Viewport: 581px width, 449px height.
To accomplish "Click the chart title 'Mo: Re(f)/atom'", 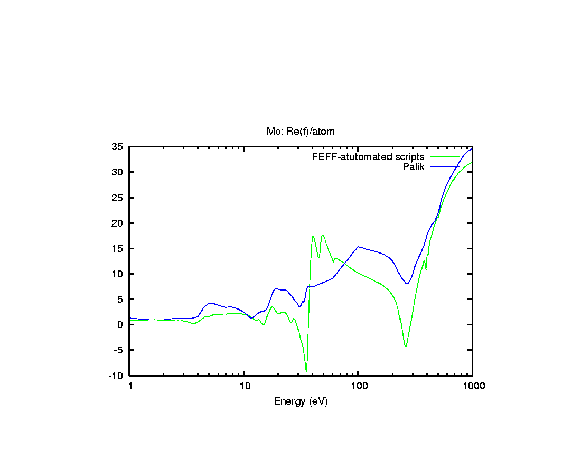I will point(300,131).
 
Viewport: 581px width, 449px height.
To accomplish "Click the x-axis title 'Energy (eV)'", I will point(301,401).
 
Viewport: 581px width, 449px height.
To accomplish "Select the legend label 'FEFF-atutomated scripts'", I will point(368,157).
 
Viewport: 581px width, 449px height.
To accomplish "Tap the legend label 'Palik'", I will point(414,167).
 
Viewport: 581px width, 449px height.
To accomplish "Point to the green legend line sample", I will point(445,157).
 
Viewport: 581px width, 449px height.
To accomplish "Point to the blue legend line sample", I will point(445,167).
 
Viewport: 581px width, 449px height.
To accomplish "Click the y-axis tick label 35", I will point(118,147).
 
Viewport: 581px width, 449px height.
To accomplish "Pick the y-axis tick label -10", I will point(116,376).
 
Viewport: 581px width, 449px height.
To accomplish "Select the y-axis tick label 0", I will point(120,325).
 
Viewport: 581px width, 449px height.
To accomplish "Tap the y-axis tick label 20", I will point(118,223).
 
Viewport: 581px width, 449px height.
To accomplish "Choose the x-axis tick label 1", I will point(130,386).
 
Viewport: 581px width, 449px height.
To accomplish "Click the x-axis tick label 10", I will point(244,386).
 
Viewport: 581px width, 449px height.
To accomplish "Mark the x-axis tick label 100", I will point(358,386).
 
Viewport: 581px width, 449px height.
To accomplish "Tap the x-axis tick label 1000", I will point(472,386).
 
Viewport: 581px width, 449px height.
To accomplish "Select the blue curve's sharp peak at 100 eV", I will point(358,247).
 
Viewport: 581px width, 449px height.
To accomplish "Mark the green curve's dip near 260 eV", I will point(406,346).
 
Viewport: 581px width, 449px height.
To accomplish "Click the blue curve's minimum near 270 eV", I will point(407,284).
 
